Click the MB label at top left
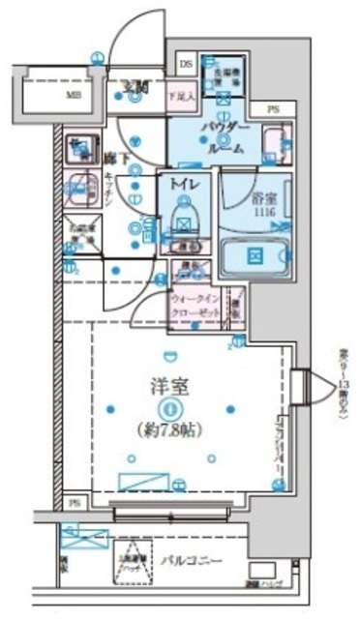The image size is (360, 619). pos(72,97)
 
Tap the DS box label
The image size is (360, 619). pos(185,65)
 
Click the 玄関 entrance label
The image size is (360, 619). pos(133,88)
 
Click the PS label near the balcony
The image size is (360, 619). pos(75,503)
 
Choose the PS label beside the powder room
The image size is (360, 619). pos(274,109)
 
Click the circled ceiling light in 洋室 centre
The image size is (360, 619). pos(170,407)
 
